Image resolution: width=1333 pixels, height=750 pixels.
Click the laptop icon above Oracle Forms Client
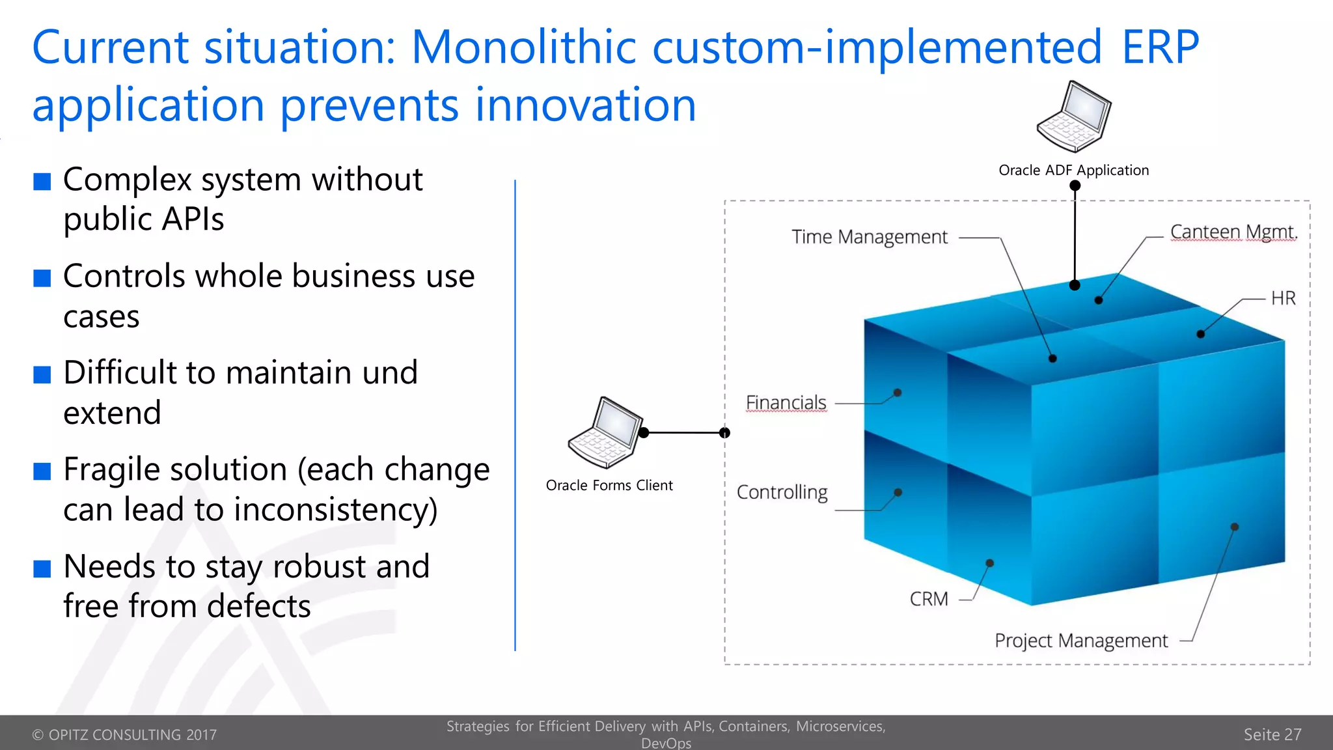click(605, 433)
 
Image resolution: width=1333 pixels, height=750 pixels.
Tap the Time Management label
click(870, 237)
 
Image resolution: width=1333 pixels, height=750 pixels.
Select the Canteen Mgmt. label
click(1233, 232)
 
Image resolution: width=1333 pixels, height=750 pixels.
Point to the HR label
click(1283, 298)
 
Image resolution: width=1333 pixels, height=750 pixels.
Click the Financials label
click(786, 403)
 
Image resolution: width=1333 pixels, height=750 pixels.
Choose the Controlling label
click(782, 492)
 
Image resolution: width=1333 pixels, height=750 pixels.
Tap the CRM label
click(929, 599)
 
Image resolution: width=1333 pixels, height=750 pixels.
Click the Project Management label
click(1081, 641)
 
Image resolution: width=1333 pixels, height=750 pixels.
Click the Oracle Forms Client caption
click(609, 486)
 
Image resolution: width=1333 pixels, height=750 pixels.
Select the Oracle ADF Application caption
click(1073, 171)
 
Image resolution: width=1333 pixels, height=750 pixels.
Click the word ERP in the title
click(1160, 47)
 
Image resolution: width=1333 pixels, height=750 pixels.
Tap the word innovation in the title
click(585, 105)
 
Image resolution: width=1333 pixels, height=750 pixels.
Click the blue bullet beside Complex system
click(42, 182)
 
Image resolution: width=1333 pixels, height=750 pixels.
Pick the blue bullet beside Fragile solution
click(42, 471)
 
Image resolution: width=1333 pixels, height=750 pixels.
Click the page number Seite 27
click(1272, 734)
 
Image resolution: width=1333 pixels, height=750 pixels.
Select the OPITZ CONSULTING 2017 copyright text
click(124, 735)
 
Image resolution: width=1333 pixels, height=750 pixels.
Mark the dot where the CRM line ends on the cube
click(989, 563)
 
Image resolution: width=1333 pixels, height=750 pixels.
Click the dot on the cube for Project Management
click(1235, 527)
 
